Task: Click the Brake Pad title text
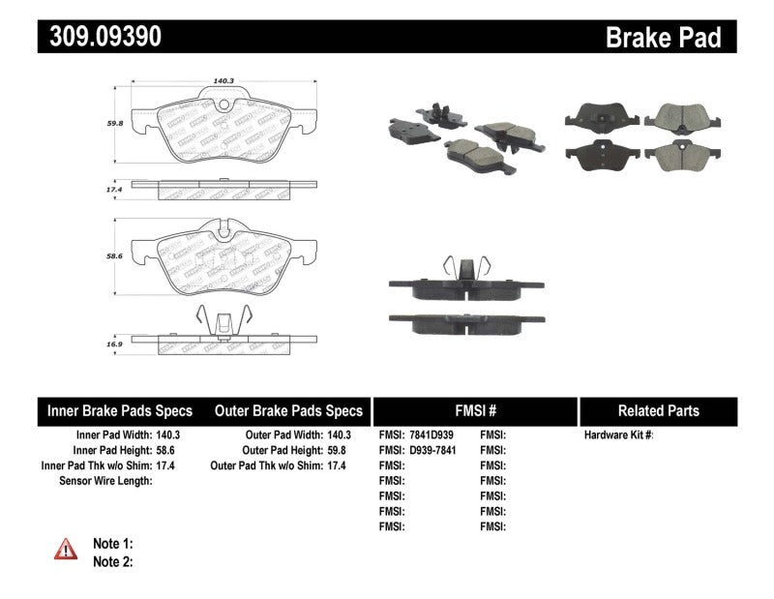pos(663,37)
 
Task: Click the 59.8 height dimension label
pos(115,124)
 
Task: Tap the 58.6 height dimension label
pos(115,256)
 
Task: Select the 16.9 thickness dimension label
pos(115,342)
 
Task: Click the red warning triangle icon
pos(66,550)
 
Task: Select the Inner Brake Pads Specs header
pos(120,410)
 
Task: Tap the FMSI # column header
pos(474,410)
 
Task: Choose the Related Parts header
pos(658,410)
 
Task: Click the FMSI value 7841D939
pos(432,435)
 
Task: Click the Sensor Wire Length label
pos(106,480)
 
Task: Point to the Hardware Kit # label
pos(619,435)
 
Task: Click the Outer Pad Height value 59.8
pos(338,450)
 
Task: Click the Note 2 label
pos(112,561)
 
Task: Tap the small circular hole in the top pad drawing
pos(223,105)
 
